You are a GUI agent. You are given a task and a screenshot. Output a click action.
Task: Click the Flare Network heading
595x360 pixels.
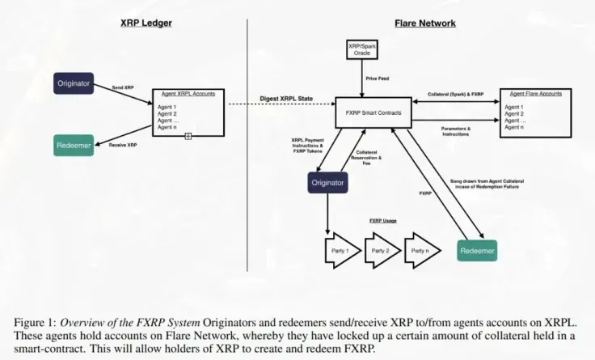point(424,23)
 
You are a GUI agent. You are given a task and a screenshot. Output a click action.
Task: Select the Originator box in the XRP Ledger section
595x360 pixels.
point(74,83)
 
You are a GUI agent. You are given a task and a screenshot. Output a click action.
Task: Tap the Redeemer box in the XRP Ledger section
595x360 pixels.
point(74,146)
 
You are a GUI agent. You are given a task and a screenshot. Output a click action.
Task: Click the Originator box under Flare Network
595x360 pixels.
point(327,183)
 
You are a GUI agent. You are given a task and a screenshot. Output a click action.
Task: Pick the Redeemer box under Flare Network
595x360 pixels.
point(476,251)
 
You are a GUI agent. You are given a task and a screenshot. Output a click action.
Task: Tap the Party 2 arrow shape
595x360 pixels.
point(380,251)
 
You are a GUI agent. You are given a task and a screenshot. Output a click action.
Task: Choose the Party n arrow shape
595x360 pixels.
point(421,251)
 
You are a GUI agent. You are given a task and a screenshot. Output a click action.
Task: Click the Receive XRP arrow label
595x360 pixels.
point(122,144)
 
